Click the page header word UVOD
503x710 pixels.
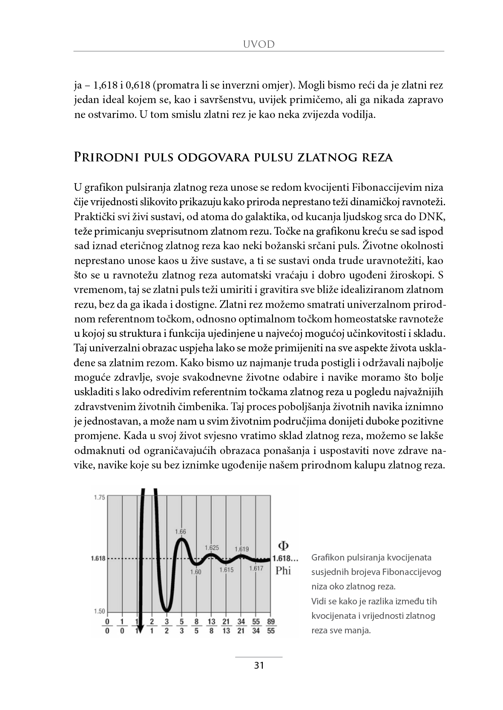(x=259, y=44)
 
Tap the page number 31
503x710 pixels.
(x=259, y=666)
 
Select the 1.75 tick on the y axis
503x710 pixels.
(x=99, y=497)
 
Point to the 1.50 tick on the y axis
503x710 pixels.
(x=99, y=611)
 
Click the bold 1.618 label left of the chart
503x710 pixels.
(x=98, y=558)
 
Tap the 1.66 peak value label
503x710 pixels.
(x=181, y=532)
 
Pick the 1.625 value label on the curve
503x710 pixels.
(x=212, y=548)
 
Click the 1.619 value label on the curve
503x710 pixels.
(x=241, y=549)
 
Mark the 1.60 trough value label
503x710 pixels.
(x=195, y=572)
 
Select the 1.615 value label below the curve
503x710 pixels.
(x=227, y=570)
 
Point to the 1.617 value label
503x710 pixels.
(x=256, y=568)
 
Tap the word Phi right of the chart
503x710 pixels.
(x=283, y=570)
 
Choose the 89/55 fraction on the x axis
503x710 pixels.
(x=270, y=626)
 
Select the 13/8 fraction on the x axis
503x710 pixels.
(x=211, y=626)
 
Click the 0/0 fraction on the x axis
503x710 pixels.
(x=107, y=626)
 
